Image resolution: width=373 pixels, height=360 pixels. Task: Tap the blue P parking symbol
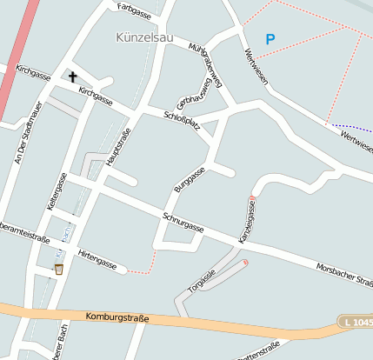(x=270, y=39)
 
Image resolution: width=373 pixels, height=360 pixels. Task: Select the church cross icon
(x=73, y=77)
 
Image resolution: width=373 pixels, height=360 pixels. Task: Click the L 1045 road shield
(x=357, y=323)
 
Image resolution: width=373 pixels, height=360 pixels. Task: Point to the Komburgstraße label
(x=118, y=318)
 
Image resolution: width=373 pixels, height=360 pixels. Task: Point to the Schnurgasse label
(x=183, y=221)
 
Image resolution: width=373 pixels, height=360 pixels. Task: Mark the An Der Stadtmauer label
(x=23, y=131)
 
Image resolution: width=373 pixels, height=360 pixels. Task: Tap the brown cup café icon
(x=59, y=269)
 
